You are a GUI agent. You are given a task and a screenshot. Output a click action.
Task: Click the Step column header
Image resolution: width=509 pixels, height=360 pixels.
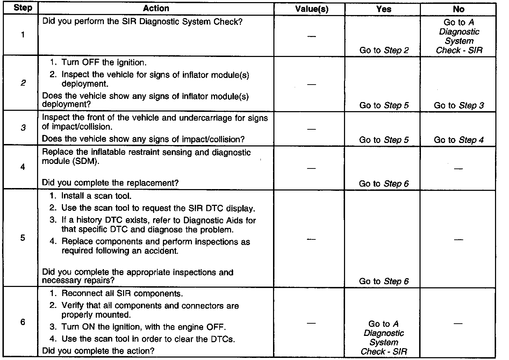23,8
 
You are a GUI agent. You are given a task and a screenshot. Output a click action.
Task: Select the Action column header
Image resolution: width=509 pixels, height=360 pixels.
156,8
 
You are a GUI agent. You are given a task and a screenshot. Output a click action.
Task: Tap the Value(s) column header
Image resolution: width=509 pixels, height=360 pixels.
312,9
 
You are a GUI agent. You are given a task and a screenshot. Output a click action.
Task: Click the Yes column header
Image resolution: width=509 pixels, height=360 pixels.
383,9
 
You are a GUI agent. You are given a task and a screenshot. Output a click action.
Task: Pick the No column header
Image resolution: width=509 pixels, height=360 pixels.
459,9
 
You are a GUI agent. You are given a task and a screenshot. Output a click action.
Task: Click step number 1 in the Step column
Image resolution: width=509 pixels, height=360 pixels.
23,35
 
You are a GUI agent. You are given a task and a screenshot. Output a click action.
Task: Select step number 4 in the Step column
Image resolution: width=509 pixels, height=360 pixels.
23,167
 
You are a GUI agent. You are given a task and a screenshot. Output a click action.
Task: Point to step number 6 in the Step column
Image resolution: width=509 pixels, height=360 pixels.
23,322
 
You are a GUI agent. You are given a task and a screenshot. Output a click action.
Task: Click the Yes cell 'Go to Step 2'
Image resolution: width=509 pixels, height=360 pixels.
384,50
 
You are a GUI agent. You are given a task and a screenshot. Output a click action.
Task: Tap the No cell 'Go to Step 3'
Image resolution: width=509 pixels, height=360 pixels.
459,106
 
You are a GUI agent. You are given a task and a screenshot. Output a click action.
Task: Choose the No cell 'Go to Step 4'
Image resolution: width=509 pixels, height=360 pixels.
459,140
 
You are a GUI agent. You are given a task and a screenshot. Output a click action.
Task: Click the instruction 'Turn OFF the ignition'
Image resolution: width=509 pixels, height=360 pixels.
104,63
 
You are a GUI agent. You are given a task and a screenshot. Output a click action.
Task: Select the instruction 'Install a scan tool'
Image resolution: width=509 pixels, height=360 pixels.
96,196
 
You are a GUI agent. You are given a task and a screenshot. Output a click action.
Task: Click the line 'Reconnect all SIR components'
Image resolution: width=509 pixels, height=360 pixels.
122,294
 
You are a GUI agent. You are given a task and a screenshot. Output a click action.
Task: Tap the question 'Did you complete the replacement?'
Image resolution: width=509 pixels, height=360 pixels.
110,183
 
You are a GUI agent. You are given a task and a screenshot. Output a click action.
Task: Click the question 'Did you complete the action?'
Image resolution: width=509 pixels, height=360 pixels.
98,351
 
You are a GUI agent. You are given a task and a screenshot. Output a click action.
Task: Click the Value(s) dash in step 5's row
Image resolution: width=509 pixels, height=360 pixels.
311,239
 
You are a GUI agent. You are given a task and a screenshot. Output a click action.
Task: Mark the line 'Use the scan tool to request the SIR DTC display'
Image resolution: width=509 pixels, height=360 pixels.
158,208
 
